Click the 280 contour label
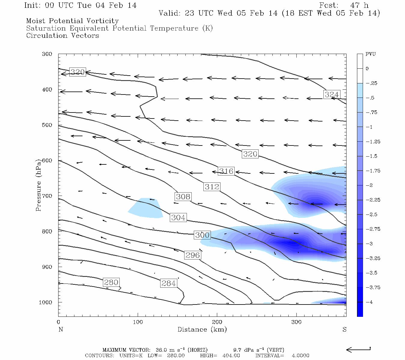[x=111, y=282]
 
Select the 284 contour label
[x=169, y=283]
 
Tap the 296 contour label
[x=193, y=255]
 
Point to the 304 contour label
[x=178, y=217]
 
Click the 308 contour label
[x=183, y=196]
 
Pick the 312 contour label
[x=212, y=187]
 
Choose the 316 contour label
[x=226, y=171]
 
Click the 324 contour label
[x=331, y=94]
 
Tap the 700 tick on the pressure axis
[x=47, y=196]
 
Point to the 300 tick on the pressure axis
[x=47, y=54]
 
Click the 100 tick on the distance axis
[x=138, y=322]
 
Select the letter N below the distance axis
[x=61, y=329]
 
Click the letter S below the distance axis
[x=344, y=329]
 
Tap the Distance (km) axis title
[x=202, y=329]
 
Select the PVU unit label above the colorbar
[x=370, y=54]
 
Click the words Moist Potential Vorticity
[x=72, y=21]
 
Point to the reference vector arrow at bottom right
[x=358, y=349]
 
